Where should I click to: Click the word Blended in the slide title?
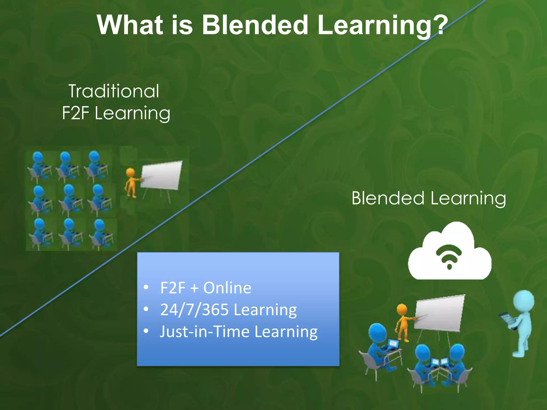[x=255, y=25]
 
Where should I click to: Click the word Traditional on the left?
[x=114, y=91]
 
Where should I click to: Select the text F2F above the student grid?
[x=75, y=113]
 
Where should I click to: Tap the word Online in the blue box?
[x=227, y=288]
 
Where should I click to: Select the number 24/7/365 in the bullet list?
[x=194, y=310]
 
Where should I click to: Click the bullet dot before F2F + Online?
[x=146, y=287]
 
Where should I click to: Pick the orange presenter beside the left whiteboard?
[x=131, y=183]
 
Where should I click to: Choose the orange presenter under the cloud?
[x=403, y=322]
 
